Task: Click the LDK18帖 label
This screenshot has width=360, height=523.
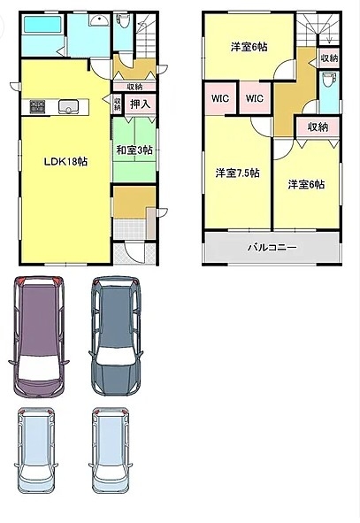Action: pos(65,162)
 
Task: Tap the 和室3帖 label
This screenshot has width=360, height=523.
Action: pos(134,150)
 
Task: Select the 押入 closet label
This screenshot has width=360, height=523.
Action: pos(140,104)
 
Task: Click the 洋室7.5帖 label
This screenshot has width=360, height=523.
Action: pos(237,173)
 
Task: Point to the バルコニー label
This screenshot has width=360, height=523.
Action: pos(272,248)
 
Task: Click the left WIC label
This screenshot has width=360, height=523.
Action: pos(220,98)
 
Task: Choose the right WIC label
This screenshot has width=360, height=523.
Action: pos(255,98)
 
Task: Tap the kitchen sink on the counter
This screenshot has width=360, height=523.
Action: pos(68,107)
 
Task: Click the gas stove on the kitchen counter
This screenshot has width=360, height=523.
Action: pos(37,107)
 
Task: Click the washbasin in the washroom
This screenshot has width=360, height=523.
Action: pos(99,20)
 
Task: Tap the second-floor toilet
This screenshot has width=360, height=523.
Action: pos(329,81)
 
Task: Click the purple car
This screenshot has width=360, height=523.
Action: pos(38,337)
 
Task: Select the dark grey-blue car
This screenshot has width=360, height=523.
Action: pos(116,336)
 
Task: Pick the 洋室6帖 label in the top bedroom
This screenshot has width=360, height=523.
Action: pos(249,47)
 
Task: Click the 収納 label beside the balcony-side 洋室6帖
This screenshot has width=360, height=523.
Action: pos(318,127)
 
